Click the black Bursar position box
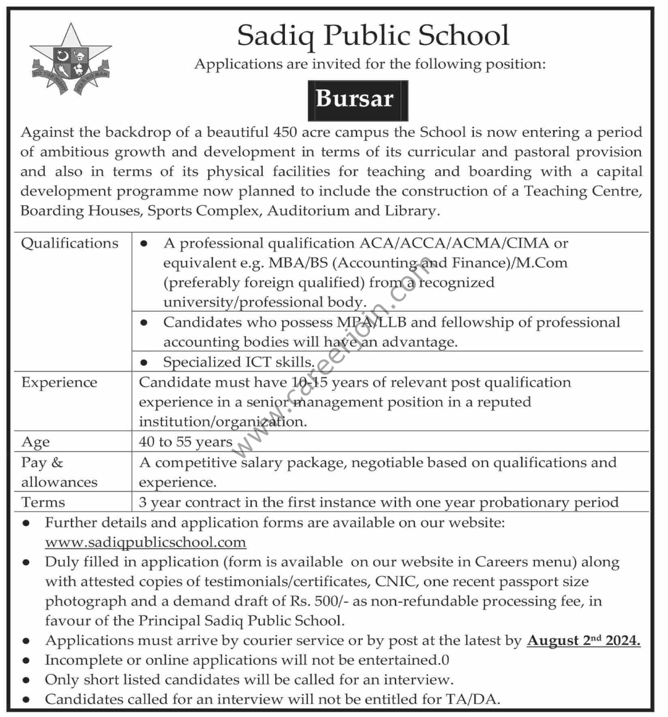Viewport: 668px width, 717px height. point(358,100)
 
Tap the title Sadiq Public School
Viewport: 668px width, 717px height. point(373,36)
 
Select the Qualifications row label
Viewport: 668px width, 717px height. point(70,243)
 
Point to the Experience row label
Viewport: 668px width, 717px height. point(59,382)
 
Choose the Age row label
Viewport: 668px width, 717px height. point(36,442)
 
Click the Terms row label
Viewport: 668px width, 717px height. point(43,502)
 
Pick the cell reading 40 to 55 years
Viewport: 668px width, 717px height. point(186,442)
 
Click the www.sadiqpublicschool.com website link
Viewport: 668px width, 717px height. point(146,542)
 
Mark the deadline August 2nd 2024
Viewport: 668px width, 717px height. point(584,641)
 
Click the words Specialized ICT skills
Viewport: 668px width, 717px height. point(239,362)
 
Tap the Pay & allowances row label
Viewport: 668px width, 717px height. point(59,472)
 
